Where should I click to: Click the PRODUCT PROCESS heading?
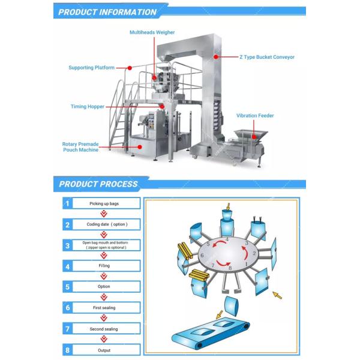coord(98,184)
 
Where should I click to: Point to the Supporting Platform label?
coord(91,68)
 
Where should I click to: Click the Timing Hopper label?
coord(87,107)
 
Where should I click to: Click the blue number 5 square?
coord(68,286)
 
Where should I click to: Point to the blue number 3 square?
coord(68,245)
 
